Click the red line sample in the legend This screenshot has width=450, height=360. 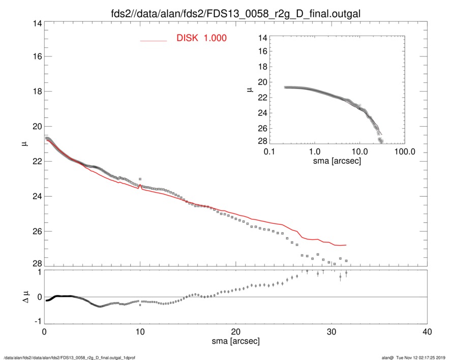click(154, 40)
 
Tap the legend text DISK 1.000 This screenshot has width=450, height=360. click(201, 39)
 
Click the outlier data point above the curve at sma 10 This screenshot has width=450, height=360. click(140, 179)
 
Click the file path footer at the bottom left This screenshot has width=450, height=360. click(69, 357)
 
